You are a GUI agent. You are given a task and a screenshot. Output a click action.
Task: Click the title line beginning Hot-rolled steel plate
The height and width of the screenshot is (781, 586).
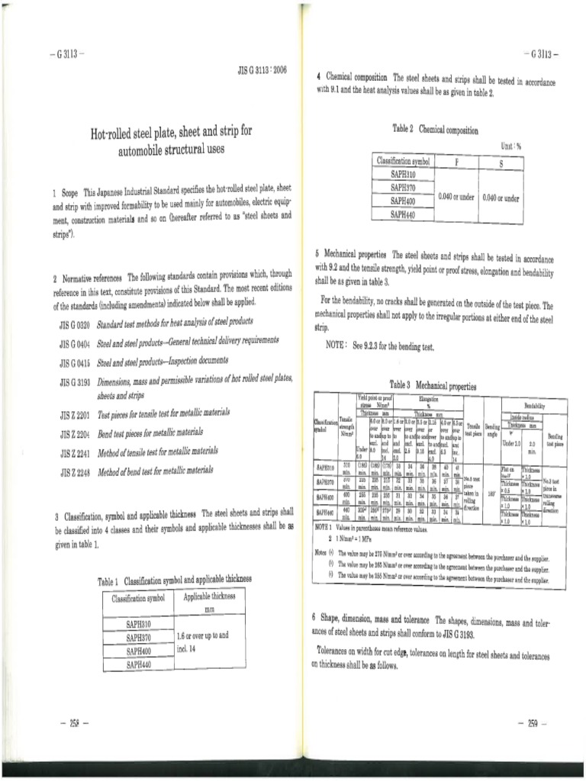(171, 133)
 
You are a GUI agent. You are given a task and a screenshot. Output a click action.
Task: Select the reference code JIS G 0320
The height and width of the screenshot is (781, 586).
(74, 323)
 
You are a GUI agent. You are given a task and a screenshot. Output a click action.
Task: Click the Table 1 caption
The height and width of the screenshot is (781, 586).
(174, 581)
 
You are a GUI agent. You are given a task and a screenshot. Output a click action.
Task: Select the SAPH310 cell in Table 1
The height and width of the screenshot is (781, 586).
(139, 625)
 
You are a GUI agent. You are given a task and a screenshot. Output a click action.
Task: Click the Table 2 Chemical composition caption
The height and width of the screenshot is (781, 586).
(436, 130)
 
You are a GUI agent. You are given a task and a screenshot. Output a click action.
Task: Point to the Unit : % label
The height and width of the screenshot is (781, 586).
(510, 146)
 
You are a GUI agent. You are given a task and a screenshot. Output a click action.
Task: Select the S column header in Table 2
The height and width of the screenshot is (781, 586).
(501, 162)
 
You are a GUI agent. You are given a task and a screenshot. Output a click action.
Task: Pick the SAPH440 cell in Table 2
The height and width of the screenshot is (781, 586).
(403, 215)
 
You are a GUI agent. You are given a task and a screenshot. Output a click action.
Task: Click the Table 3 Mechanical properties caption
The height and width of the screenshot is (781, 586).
(432, 385)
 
